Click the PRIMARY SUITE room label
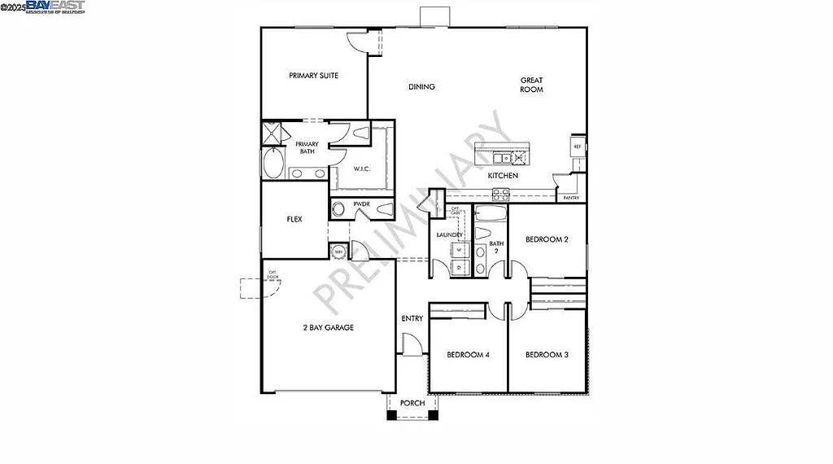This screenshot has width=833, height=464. pos(313,76)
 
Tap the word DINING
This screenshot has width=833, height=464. pos(421,87)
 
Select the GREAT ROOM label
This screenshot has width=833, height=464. pos(532,85)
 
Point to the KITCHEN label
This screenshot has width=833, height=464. pos(503,176)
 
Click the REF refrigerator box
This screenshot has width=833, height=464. pos(577,147)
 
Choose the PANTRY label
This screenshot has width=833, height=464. pos(571,198)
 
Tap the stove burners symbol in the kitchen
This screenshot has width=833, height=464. pos(501,194)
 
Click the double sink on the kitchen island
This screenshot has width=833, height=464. pos(504,158)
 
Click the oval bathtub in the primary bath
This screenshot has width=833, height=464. pos(273,165)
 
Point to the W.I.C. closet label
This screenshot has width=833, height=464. pos(362,169)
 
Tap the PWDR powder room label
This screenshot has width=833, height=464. pos(362,204)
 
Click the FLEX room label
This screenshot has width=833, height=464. pos(294,220)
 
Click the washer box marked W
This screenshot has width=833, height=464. pos(459,250)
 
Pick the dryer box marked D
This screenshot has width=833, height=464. pos(459,266)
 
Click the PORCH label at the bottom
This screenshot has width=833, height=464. pos(412,403)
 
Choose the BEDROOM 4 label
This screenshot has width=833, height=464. pos(469,355)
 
